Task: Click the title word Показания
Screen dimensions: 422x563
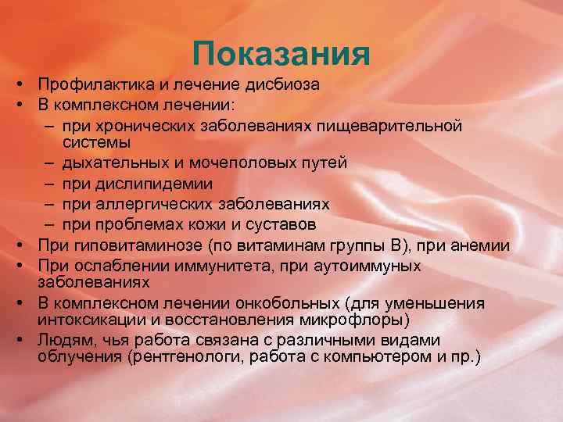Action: (x=281, y=55)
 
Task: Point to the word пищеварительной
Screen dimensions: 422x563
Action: (x=396, y=125)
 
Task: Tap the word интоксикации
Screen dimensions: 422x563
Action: (x=86, y=320)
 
